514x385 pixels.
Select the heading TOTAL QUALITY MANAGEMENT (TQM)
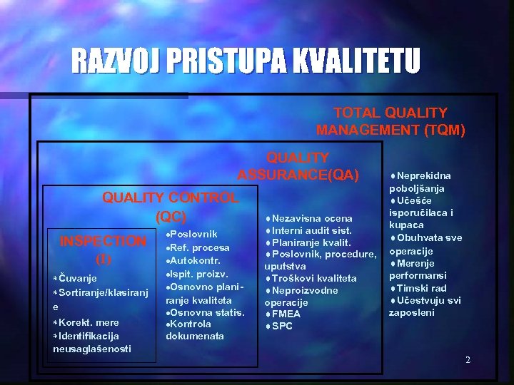[390, 121]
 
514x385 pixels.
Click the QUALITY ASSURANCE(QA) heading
[298, 166]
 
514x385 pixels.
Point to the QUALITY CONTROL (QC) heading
[170, 206]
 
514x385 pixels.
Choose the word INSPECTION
[103, 241]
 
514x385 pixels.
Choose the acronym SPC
[282, 326]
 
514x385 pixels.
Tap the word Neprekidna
[424, 175]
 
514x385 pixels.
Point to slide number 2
[468, 360]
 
